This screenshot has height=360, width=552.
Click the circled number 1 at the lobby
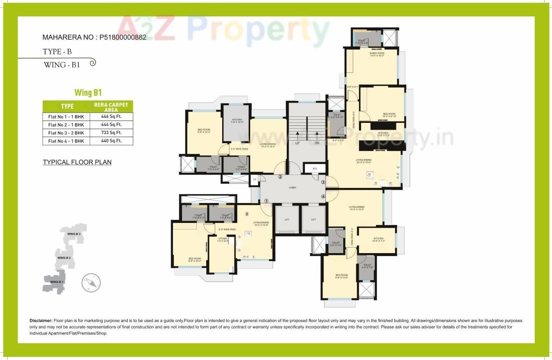tap(266, 200)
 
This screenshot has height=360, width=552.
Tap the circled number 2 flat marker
tap(280, 177)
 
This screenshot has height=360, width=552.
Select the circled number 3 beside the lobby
tap(323, 182)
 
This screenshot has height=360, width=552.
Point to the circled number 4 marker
tap(323, 197)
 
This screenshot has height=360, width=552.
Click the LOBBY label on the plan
tap(292, 188)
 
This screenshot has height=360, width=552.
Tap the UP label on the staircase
tap(297, 143)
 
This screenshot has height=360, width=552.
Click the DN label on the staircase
tap(317, 143)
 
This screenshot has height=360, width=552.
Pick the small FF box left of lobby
tap(255, 178)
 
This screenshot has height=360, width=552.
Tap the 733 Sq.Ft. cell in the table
tap(111, 133)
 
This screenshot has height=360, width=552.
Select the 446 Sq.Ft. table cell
tap(111, 116)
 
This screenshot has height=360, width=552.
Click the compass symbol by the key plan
tap(91, 283)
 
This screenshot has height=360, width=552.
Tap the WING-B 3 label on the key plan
tap(74, 234)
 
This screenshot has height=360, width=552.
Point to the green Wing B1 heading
tap(88, 92)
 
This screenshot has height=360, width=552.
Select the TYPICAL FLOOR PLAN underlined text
tap(77, 162)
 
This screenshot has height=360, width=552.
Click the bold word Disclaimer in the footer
tap(41, 321)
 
